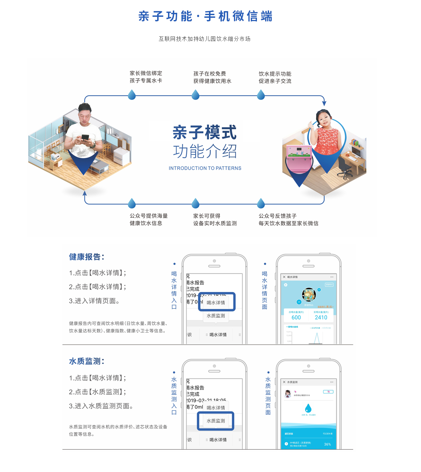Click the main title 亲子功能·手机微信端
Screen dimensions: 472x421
(205, 16)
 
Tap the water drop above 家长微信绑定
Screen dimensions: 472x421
(132, 95)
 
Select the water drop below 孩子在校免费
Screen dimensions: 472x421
(196, 95)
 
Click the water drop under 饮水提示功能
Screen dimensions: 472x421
(261, 95)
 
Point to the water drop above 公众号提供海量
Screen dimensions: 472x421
(132, 203)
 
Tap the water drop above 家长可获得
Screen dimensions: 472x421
(196, 203)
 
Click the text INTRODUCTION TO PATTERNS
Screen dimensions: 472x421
(205, 168)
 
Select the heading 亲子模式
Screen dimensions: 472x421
(204, 132)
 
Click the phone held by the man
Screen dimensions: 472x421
(85, 137)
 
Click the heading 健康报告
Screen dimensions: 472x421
(86, 257)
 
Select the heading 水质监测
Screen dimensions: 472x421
(86, 361)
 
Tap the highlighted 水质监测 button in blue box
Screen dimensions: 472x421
(216, 421)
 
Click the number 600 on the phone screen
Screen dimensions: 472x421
(296, 317)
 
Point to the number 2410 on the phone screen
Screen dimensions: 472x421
(321, 317)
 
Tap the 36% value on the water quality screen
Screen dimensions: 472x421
(327, 444)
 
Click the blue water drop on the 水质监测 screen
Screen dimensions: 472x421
(308, 408)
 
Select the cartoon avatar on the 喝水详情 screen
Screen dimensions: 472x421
(308, 294)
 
